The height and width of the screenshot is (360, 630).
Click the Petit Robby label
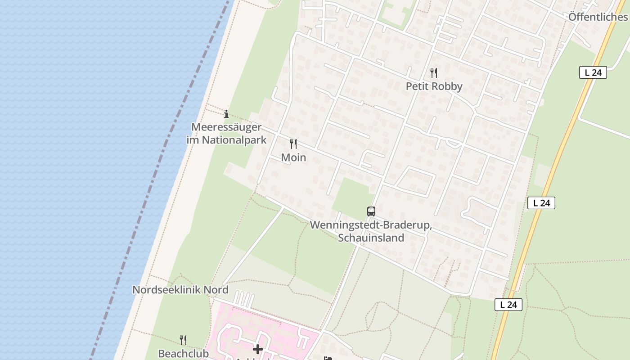[x=434, y=86]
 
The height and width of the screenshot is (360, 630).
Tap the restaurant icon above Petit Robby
[x=434, y=72]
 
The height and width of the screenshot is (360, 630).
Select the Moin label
[x=293, y=157]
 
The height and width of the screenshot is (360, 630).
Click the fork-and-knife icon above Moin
[x=293, y=144]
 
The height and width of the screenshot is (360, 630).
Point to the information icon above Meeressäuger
[x=226, y=114]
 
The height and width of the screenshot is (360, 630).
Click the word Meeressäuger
[x=226, y=127]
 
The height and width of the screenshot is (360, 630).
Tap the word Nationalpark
[x=234, y=140]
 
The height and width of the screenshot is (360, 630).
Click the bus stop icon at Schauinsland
[x=371, y=211]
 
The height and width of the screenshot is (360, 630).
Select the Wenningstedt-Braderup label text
[x=371, y=225]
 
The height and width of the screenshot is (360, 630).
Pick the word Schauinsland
[x=371, y=238]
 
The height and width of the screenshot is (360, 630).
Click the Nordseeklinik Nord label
[x=180, y=290]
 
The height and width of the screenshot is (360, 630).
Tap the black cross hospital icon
[x=257, y=349]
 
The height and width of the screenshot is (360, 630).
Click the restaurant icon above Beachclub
[x=183, y=340]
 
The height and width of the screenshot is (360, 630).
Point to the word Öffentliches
[x=598, y=17]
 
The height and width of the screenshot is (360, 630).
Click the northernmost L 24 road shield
[x=593, y=72]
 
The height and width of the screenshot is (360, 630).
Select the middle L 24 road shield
[x=541, y=203]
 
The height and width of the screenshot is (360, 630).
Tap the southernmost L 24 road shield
[x=508, y=305]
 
